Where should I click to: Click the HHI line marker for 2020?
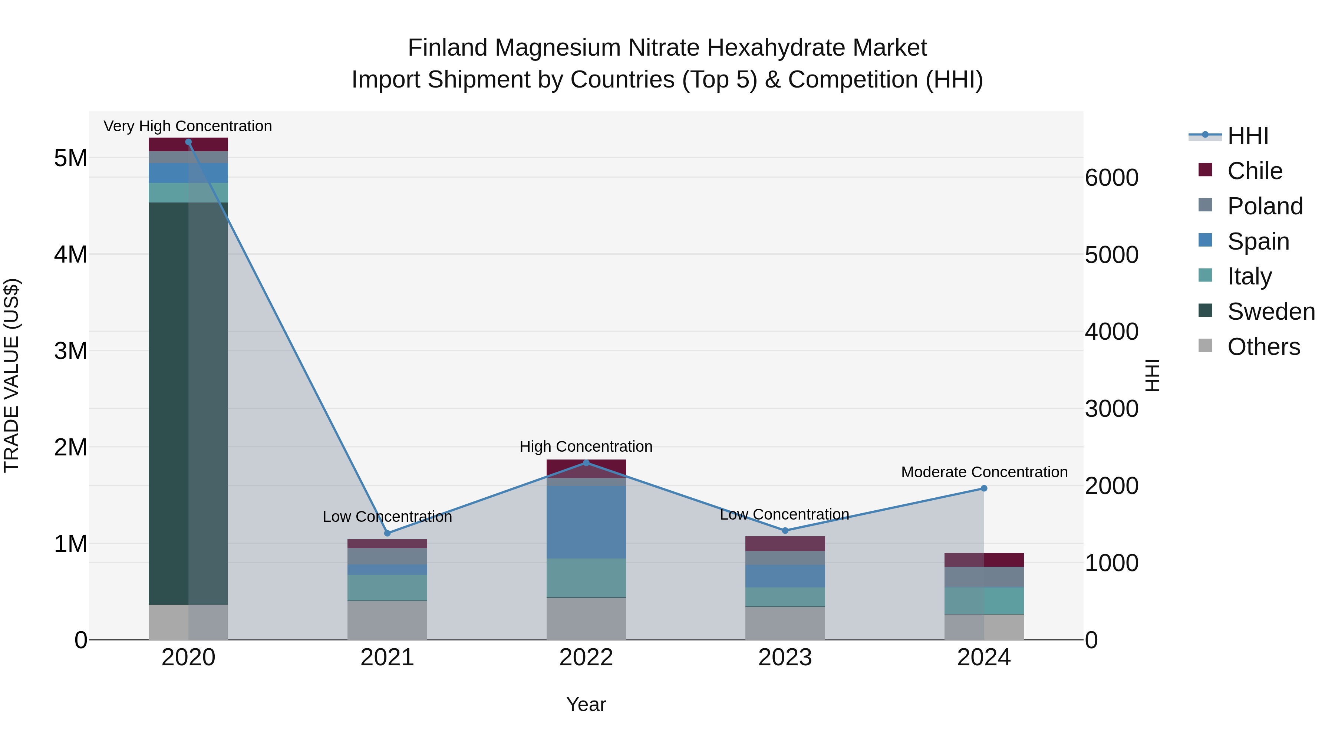[x=188, y=142]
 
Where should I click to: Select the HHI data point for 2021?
[x=387, y=533]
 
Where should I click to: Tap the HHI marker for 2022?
[x=586, y=463]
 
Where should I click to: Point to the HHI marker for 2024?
[x=984, y=488]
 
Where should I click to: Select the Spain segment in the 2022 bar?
[x=586, y=523]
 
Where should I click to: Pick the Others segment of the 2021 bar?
[x=387, y=620]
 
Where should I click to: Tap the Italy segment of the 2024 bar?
[x=984, y=601]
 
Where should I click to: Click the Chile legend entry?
[x=1254, y=171]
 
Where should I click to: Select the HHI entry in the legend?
[x=1247, y=136]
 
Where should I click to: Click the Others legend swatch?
[x=1206, y=346]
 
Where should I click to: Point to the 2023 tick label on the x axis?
[x=785, y=658]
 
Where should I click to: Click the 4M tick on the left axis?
[x=70, y=254]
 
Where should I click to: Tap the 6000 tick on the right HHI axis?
[x=1112, y=178]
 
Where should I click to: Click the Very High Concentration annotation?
[x=188, y=126]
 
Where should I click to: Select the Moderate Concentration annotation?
[x=984, y=472]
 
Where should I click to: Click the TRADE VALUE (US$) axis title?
[x=11, y=375]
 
